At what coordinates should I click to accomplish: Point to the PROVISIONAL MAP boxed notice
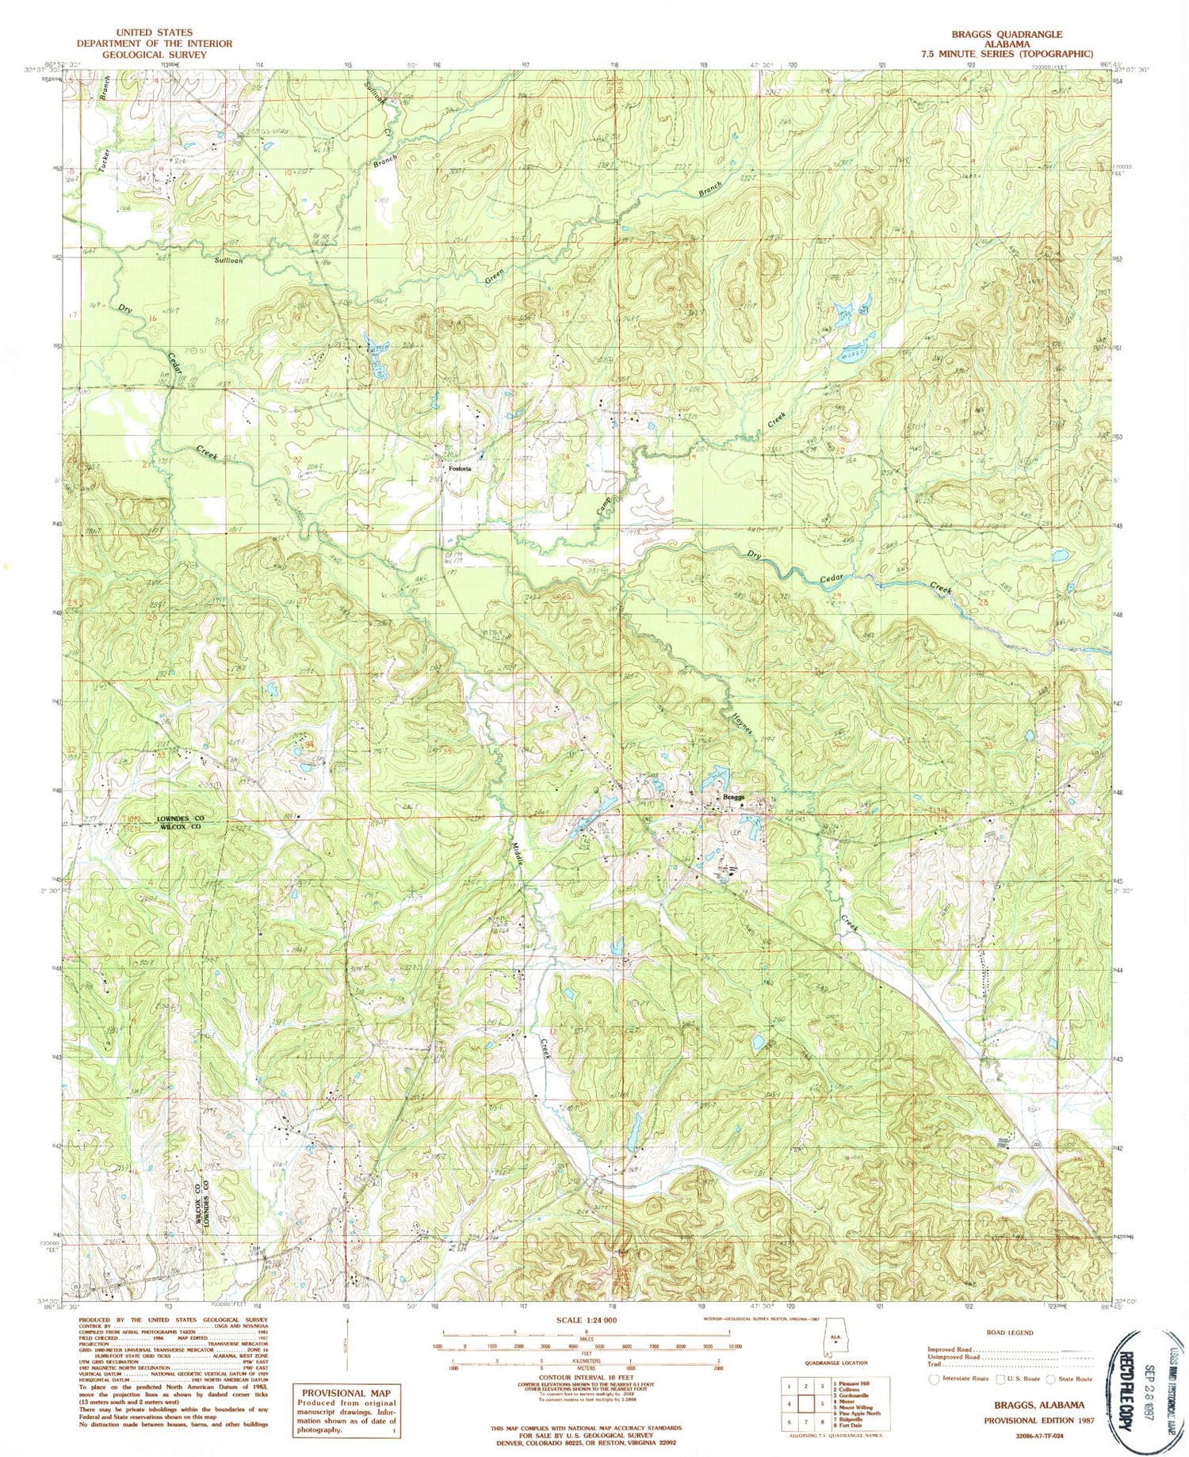pos(346,1392)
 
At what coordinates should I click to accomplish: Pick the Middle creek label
pos(518,856)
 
